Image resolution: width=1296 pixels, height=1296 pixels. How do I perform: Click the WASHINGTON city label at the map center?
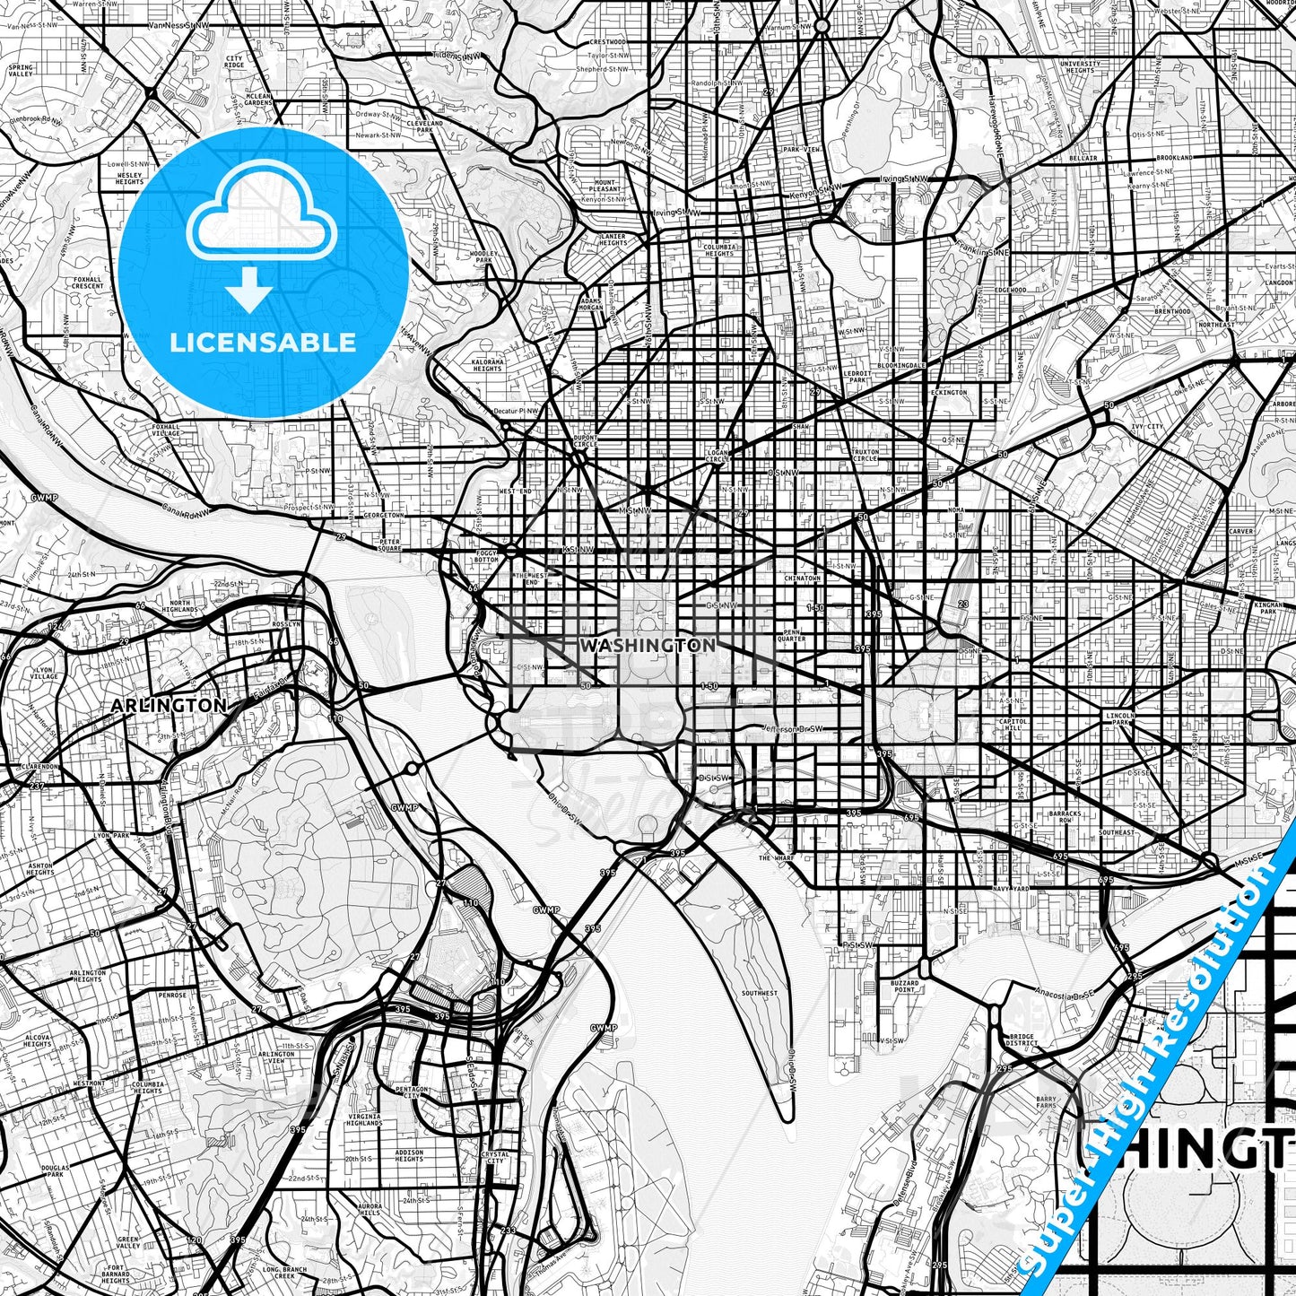(x=648, y=645)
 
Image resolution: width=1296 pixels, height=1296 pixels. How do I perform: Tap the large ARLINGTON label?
(x=169, y=706)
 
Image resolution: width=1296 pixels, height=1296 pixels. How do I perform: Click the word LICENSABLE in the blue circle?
(x=263, y=343)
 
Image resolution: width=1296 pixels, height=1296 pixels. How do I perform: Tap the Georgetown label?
(x=384, y=516)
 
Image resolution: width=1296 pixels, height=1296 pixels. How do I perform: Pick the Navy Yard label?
(x=1005, y=888)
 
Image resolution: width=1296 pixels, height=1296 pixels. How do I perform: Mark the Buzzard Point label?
(x=905, y=987)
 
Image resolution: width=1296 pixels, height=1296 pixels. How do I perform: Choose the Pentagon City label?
(x=413, y=1092)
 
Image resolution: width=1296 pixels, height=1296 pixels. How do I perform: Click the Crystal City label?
(x=494, y=1158)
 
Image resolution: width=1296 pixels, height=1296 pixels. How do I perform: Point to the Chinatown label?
(x=803, y=578)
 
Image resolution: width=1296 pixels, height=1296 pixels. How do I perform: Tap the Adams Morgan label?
(x=591, y=304)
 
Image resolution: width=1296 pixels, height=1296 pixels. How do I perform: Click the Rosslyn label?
(x=288, y=623)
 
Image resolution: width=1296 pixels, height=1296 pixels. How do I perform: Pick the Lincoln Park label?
(x=1120, y=718)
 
